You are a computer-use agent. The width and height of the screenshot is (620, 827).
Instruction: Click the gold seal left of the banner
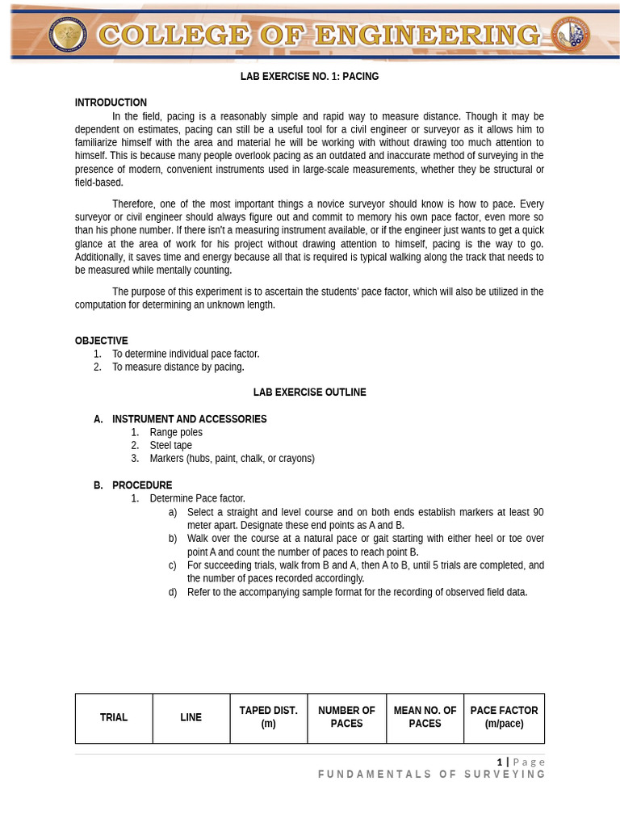[68, 35]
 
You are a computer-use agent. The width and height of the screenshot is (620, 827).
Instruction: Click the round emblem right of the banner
[570, 35]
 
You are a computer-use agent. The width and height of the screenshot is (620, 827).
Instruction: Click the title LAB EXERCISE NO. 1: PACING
[309, 77]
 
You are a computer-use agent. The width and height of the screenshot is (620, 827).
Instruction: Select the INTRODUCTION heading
[111, 103]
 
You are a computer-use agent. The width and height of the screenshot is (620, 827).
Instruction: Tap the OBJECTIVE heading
[101, 341]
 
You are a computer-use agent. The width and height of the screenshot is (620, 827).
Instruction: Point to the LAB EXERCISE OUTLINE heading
[309, 393]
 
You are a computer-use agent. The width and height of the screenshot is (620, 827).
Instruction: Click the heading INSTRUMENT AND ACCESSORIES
[189, 419]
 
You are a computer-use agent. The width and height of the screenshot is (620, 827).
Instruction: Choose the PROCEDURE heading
[141, 485]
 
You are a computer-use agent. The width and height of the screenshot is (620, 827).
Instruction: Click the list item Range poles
[176, 432]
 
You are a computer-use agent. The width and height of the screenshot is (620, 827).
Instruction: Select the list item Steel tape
[170, 445]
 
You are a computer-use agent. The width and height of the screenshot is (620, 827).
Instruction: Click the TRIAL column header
[114, 717]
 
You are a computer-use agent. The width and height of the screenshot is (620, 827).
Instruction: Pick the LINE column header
[191, 717]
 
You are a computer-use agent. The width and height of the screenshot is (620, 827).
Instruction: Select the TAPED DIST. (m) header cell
[269, 717]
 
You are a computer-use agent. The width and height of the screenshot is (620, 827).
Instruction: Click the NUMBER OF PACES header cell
[346, 717]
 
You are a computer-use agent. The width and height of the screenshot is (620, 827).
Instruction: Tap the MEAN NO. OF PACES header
[425, 717]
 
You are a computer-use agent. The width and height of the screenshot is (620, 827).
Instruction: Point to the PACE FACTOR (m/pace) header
[504, 717]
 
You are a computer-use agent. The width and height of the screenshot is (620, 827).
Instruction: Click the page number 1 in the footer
[500, 762]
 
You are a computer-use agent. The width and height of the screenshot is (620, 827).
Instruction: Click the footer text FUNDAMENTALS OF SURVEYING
[432, 775]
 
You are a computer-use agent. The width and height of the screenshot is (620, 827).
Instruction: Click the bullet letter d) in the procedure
[173, 592]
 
